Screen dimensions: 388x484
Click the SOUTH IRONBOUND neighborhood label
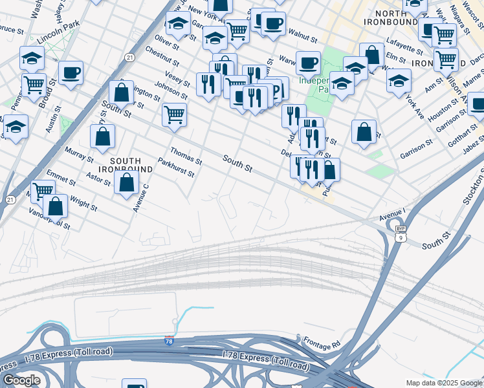131,164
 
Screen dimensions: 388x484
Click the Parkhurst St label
176,171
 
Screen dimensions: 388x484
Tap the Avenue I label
391,211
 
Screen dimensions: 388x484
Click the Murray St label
80,156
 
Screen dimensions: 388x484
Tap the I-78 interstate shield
169,340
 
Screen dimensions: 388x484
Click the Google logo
21,380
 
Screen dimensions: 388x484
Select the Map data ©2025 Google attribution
443,383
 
